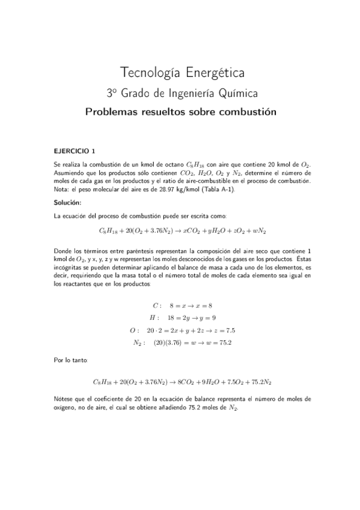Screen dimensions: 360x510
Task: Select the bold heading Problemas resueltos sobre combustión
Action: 180,111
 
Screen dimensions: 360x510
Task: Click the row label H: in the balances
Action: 154,318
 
